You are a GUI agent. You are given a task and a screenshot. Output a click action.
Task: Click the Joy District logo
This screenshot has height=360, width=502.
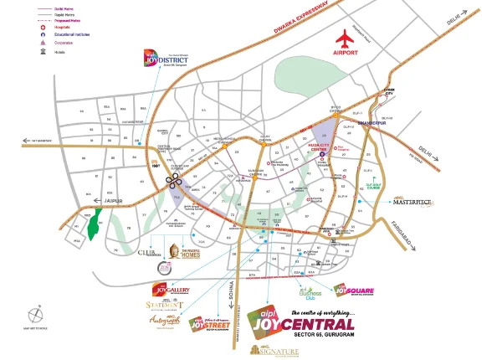pyautogui.click(x=161, y=58)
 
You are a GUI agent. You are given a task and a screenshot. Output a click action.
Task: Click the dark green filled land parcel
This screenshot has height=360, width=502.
pyautogui.click(x=99, y=224)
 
